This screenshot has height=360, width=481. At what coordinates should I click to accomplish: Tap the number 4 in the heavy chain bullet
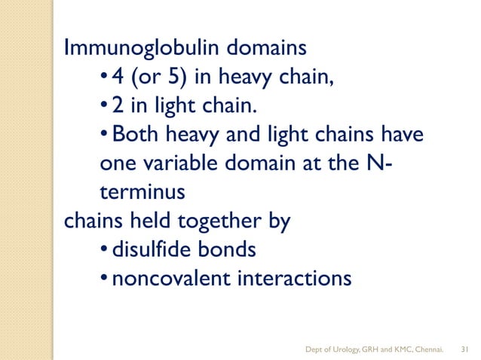[115, 78]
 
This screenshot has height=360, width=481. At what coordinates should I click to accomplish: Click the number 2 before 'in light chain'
[115, 106]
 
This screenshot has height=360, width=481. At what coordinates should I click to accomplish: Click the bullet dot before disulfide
[103, 250]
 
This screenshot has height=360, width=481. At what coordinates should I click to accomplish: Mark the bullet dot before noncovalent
[103, 279]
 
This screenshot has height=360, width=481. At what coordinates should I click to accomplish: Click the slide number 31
[464, 348]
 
